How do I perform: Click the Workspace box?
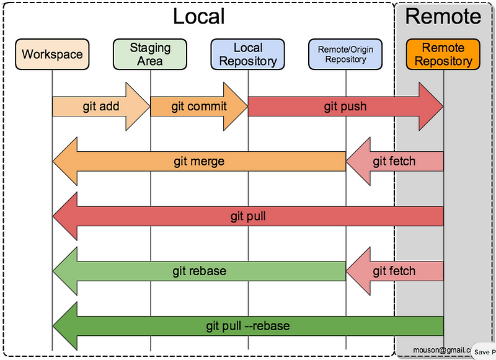52,54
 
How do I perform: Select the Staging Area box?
151,54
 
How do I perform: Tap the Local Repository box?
248,54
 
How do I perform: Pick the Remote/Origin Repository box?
345,54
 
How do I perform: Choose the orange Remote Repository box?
443,54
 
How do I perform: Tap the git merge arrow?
198,162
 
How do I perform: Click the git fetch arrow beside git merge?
394,162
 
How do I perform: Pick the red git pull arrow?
248,216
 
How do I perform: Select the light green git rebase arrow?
198,271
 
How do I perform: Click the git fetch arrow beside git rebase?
394,271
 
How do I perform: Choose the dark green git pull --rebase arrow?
248,325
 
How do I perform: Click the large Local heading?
198,16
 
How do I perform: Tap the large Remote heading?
443,16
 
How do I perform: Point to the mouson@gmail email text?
442,349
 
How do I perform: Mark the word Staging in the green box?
151,47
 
